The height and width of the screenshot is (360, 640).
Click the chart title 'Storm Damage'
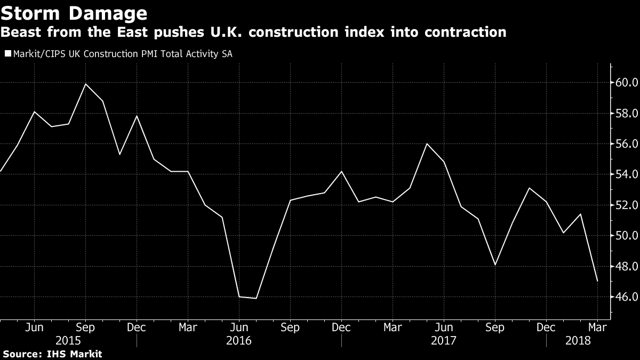click(74, 12)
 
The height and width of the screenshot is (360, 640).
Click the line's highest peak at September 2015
click(85, 84)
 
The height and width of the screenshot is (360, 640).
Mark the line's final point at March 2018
click(597, 281)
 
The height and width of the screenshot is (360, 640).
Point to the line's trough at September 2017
click(495, 265)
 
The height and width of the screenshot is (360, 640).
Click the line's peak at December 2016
click(341, 171)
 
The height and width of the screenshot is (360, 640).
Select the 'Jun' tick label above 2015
click(34, 327)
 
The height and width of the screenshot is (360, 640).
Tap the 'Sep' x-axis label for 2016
click(290, 327)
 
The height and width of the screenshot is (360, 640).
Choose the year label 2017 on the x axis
click(444, 340)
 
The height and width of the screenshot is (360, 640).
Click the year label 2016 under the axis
click(239, 340)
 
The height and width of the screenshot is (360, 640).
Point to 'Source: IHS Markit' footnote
click(52, 354)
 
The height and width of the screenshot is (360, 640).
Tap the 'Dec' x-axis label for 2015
click(137, 327)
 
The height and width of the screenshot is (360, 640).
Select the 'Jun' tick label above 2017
click(444, 327)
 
